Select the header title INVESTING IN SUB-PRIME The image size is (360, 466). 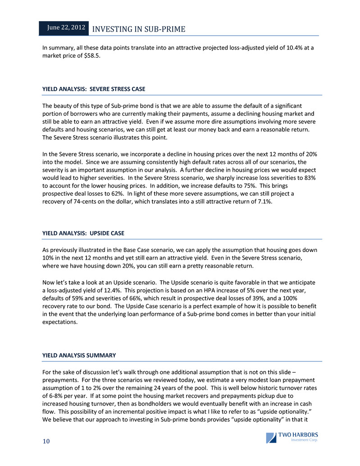click(138, 29)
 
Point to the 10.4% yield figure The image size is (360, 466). click(281, 47)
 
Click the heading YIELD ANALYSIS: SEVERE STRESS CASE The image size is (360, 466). click(94, 89)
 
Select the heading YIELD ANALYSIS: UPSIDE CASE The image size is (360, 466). click(83, 233)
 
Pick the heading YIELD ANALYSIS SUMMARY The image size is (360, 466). click(79, 355)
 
